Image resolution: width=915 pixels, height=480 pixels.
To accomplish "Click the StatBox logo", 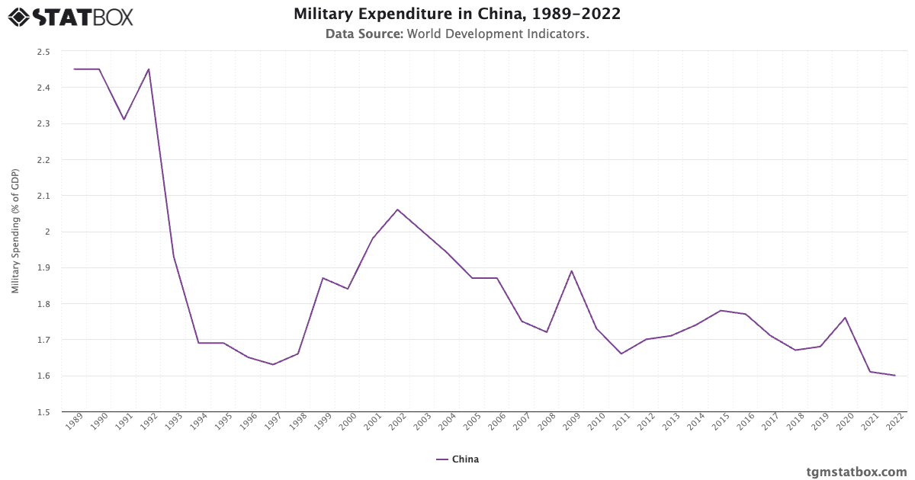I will click(x=70, y=17).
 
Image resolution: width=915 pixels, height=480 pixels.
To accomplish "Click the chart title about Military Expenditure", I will click(x=457, y=14).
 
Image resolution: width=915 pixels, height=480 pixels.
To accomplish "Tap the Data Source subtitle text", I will click(x=457, y=34).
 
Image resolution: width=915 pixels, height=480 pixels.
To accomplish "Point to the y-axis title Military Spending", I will click(x=15, y=232).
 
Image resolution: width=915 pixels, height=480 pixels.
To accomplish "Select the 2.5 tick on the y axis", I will click(x=43, y=52).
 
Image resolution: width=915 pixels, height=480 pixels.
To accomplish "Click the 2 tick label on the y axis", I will click(x=47, y=232).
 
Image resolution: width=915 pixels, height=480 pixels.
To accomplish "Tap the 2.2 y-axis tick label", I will click(x=43, y=160).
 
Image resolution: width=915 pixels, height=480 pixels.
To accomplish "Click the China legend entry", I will click(x=457, y=459).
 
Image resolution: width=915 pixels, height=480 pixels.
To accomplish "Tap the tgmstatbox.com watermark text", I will click(x=856, y=472).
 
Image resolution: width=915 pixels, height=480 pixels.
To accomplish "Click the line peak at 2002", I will click(x=397, y=210).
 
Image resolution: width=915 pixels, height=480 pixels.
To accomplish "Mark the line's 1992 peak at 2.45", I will click(x=149, y=69).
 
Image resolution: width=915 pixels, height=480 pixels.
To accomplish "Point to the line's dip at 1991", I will click(x=124, y=120).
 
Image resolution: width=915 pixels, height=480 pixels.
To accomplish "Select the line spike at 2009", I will click(x=571, y=270).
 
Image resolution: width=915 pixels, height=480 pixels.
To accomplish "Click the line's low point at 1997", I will click(x=273, y=364).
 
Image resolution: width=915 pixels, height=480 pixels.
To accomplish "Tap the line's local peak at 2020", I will click(x=845, y=318).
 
